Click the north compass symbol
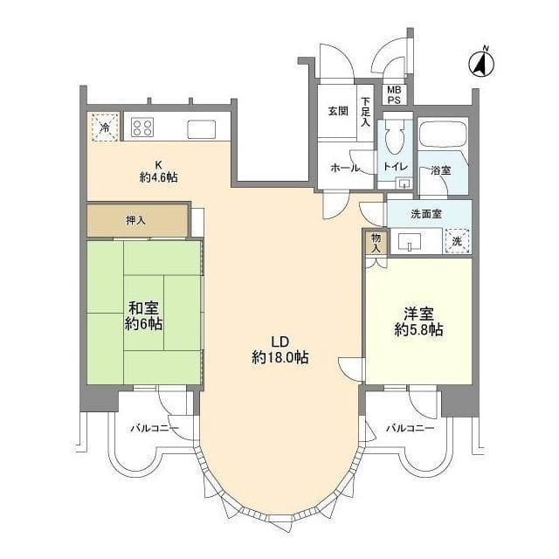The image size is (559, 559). (481, 64)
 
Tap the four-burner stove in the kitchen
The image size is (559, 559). (142, 128)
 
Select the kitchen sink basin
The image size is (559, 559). (202, 129)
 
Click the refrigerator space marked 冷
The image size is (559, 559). (105, 128)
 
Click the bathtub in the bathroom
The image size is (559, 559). (444, 134)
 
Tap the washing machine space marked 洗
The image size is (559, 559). (457, 241)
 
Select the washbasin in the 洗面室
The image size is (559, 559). (409, 242)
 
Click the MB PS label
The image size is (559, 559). (394, 95)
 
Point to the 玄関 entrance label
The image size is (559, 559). (338, 111)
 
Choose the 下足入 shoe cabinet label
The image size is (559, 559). (366, 112)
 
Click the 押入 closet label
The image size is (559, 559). (136, 221)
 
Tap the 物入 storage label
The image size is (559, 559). (376, 243)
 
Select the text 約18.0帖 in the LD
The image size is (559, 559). (280, 357)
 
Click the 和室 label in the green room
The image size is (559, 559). (143, 308)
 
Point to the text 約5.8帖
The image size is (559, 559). (419, 330)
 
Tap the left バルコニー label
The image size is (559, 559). (155, 428)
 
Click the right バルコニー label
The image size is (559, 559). (411, 428)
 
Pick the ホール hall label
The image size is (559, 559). (345, 168)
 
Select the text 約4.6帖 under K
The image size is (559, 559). (158, 177)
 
